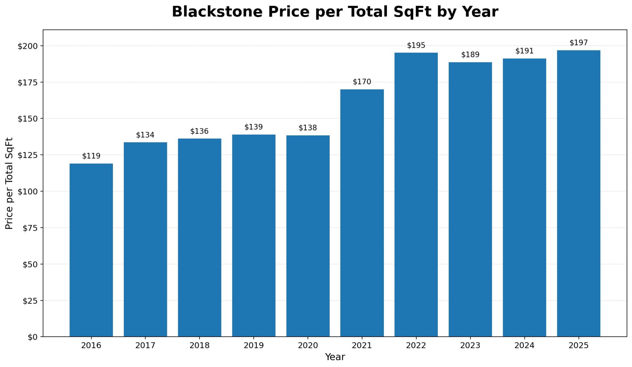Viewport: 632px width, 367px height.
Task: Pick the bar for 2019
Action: (x=253, y=236)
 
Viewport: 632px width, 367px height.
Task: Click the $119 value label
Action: (x=91, y=156)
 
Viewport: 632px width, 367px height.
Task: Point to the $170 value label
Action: (x=362, y=82)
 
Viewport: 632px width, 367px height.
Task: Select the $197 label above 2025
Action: (x=578, y=42)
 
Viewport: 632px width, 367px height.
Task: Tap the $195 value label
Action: (x=416, y=45)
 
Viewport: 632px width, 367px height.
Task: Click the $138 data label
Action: (x=307, y=127)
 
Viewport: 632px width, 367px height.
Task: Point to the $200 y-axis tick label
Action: (x=28, y=46)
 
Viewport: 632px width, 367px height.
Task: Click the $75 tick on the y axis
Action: (x=30, y=228)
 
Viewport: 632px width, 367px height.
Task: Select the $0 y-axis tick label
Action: (x=32, y=337)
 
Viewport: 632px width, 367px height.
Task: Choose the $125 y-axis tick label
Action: (x=28, y=155)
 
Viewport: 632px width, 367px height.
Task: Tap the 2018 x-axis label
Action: (x=199, y=346)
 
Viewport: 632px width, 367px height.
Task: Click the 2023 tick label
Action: (x=470, y=346)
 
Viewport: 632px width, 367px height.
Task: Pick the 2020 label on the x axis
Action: (x=307, y=346)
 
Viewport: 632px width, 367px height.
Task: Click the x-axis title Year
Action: (x=335, y=357)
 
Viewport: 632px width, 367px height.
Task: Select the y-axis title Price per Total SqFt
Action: (x=9, y=183)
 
